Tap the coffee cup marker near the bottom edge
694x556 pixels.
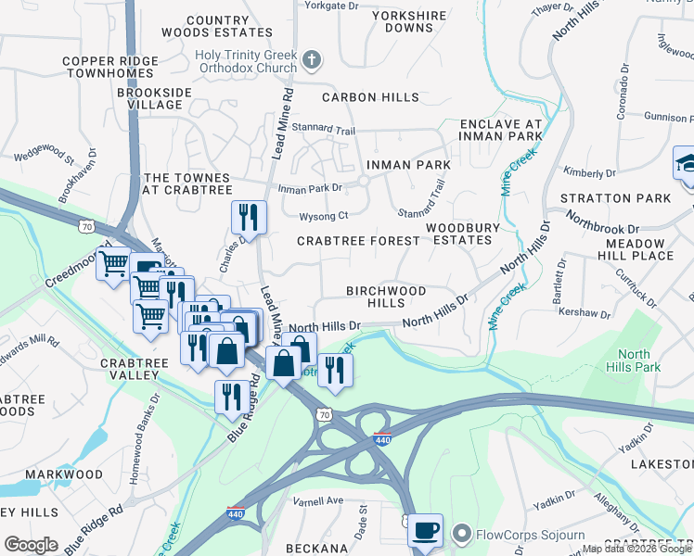click(425, 531)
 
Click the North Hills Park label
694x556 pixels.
click(634, 361)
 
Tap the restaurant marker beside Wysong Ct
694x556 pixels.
click(249, 218)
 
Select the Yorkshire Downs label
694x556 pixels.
click(408, 22)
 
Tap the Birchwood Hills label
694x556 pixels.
click(386, 297)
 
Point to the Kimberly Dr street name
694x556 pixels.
click(590, 173)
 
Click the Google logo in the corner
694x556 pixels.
click(31, 545)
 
